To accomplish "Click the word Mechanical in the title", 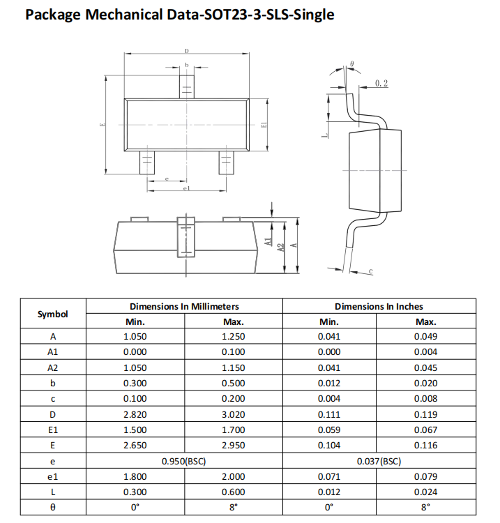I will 120,15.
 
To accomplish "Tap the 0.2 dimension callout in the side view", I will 381,84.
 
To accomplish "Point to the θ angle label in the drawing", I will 352,63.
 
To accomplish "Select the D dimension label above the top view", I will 186,51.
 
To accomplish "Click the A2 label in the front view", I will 280,247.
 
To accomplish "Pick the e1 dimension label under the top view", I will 186,188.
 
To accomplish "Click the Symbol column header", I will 53,314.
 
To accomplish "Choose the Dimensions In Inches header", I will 379,306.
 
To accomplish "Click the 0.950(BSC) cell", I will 184,461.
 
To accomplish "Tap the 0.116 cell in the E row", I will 425,446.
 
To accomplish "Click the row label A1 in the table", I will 53,352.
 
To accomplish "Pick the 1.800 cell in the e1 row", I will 135,476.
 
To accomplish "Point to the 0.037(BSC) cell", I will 379,461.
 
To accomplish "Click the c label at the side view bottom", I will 370,271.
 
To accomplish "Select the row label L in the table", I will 53,492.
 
